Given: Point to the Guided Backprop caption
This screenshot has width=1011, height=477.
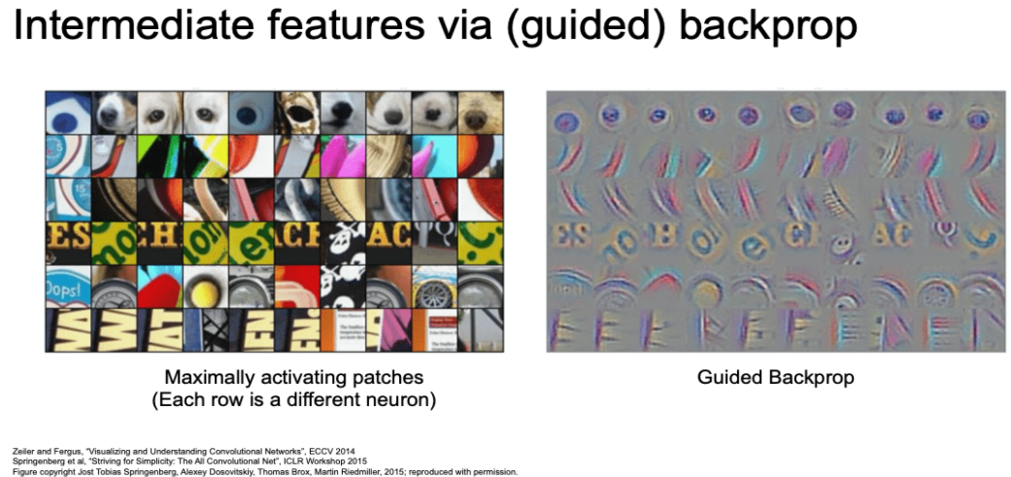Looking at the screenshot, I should point(775,377).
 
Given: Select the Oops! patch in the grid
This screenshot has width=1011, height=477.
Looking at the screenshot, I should point(68,285).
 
